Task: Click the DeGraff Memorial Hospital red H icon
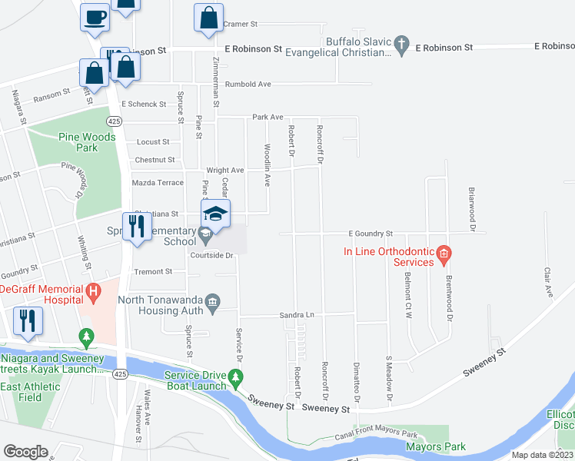(93, 291)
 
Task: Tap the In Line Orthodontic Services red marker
(443, 254)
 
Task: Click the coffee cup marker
(95, 17)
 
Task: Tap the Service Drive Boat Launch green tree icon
(238, 376)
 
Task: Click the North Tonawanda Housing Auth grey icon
(213, 300)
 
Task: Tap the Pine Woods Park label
(87, 142)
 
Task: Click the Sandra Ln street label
(299, 315)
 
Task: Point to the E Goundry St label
(371, 233)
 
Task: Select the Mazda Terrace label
(158, 183)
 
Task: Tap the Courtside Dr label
(211, 256)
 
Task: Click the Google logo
(25, 452)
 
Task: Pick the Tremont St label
(153, 271)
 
